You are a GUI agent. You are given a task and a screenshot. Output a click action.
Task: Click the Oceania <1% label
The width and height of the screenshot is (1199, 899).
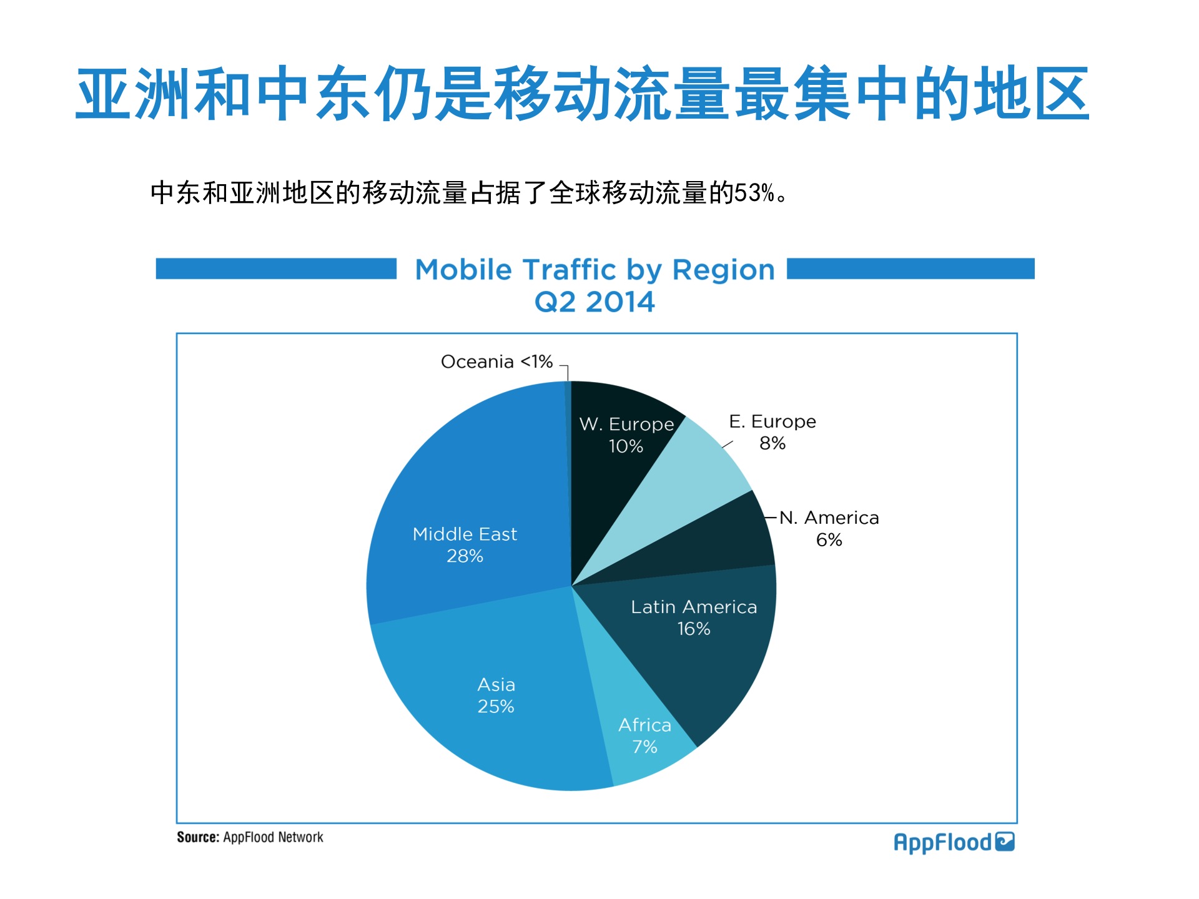click(x=496, y=361)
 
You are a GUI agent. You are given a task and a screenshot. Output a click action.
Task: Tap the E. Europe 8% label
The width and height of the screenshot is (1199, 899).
click(x=772, y=432)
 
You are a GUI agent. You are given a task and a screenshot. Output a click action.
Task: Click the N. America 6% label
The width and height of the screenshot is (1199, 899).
click(x=829, y=528)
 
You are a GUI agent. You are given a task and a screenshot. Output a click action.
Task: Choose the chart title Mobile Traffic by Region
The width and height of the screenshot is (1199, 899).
click(x=595, y=270)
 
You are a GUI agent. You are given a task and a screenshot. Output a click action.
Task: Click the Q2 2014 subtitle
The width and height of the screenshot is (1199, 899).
click(x=595, y=302)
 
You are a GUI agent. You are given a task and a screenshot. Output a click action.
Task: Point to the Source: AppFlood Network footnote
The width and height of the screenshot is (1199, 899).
click(x=250, y=837)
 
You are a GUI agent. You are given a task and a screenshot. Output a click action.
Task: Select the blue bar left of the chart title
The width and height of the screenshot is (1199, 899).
click(x=276, y=268)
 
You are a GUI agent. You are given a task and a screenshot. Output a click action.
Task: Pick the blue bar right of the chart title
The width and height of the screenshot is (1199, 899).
click(x=910, y=268)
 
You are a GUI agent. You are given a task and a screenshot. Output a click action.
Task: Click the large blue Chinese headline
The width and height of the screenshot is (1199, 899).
click(x=583, y=94)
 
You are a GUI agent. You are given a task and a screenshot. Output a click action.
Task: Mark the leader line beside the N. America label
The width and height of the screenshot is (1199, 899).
click(x=771, y=518)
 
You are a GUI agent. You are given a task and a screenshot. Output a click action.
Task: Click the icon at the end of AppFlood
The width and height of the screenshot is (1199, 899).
click(x=1005, y=842)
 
